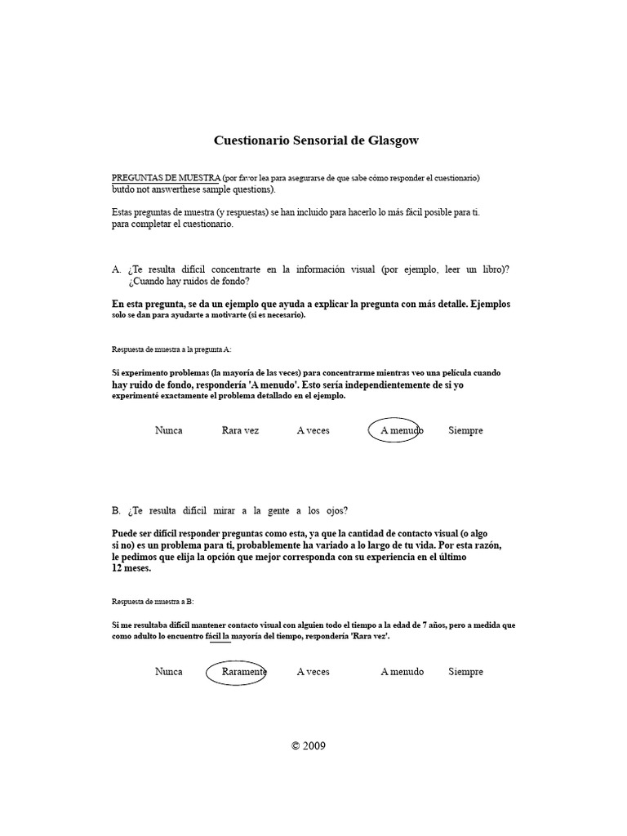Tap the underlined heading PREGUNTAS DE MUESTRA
166,178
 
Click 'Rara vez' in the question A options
240,430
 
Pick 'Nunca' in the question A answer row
169,430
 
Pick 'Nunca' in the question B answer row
169,672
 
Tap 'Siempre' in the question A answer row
465,430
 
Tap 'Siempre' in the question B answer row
465,672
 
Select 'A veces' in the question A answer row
313,430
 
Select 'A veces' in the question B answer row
313,672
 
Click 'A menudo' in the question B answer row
402,672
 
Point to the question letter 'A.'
116,269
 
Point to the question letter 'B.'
116,511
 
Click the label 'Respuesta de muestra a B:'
153,601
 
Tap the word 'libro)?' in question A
500,269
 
